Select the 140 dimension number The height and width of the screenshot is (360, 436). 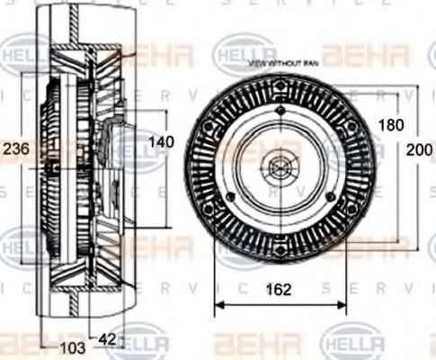pyautogui.click(x=161, y=141)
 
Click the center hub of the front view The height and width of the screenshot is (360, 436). pyautogui.click(x=277, y=167)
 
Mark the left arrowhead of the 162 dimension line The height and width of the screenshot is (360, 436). pyautogui.click(x=217, y=303)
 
